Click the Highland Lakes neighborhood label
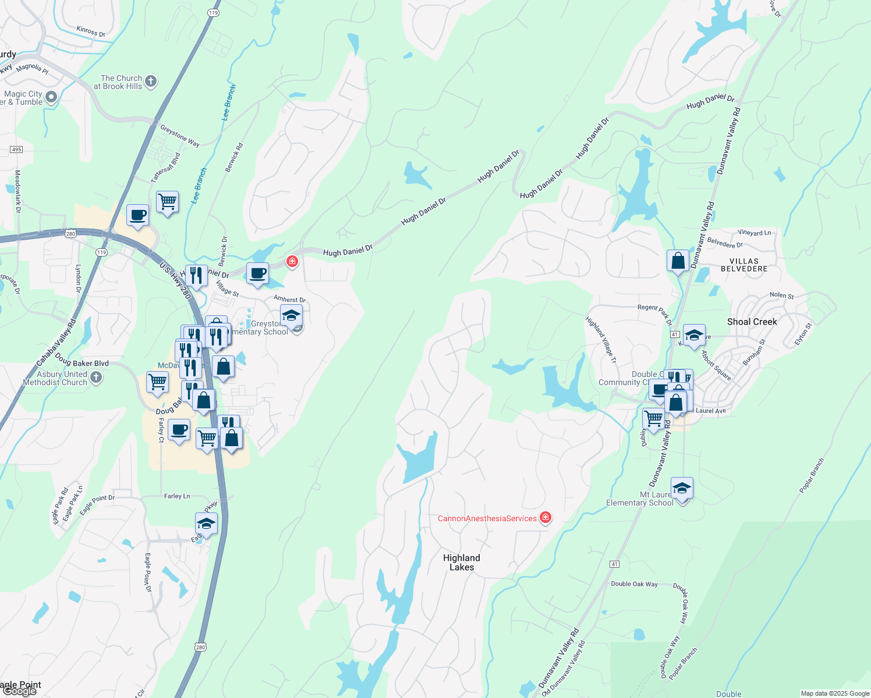462,562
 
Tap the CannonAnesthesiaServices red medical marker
546,518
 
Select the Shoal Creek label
752,322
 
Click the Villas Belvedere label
744,265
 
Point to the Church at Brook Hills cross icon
151,81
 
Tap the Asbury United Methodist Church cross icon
96,378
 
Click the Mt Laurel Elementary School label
640,499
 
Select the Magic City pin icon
51,97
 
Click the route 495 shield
16,149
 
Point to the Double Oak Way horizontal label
634,584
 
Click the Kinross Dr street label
91,31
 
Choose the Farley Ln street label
177,496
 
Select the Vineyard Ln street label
754,233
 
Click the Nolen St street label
781,295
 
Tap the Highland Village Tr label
601,340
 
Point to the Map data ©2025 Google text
834,693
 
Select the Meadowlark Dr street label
17,191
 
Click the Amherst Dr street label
289,300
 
